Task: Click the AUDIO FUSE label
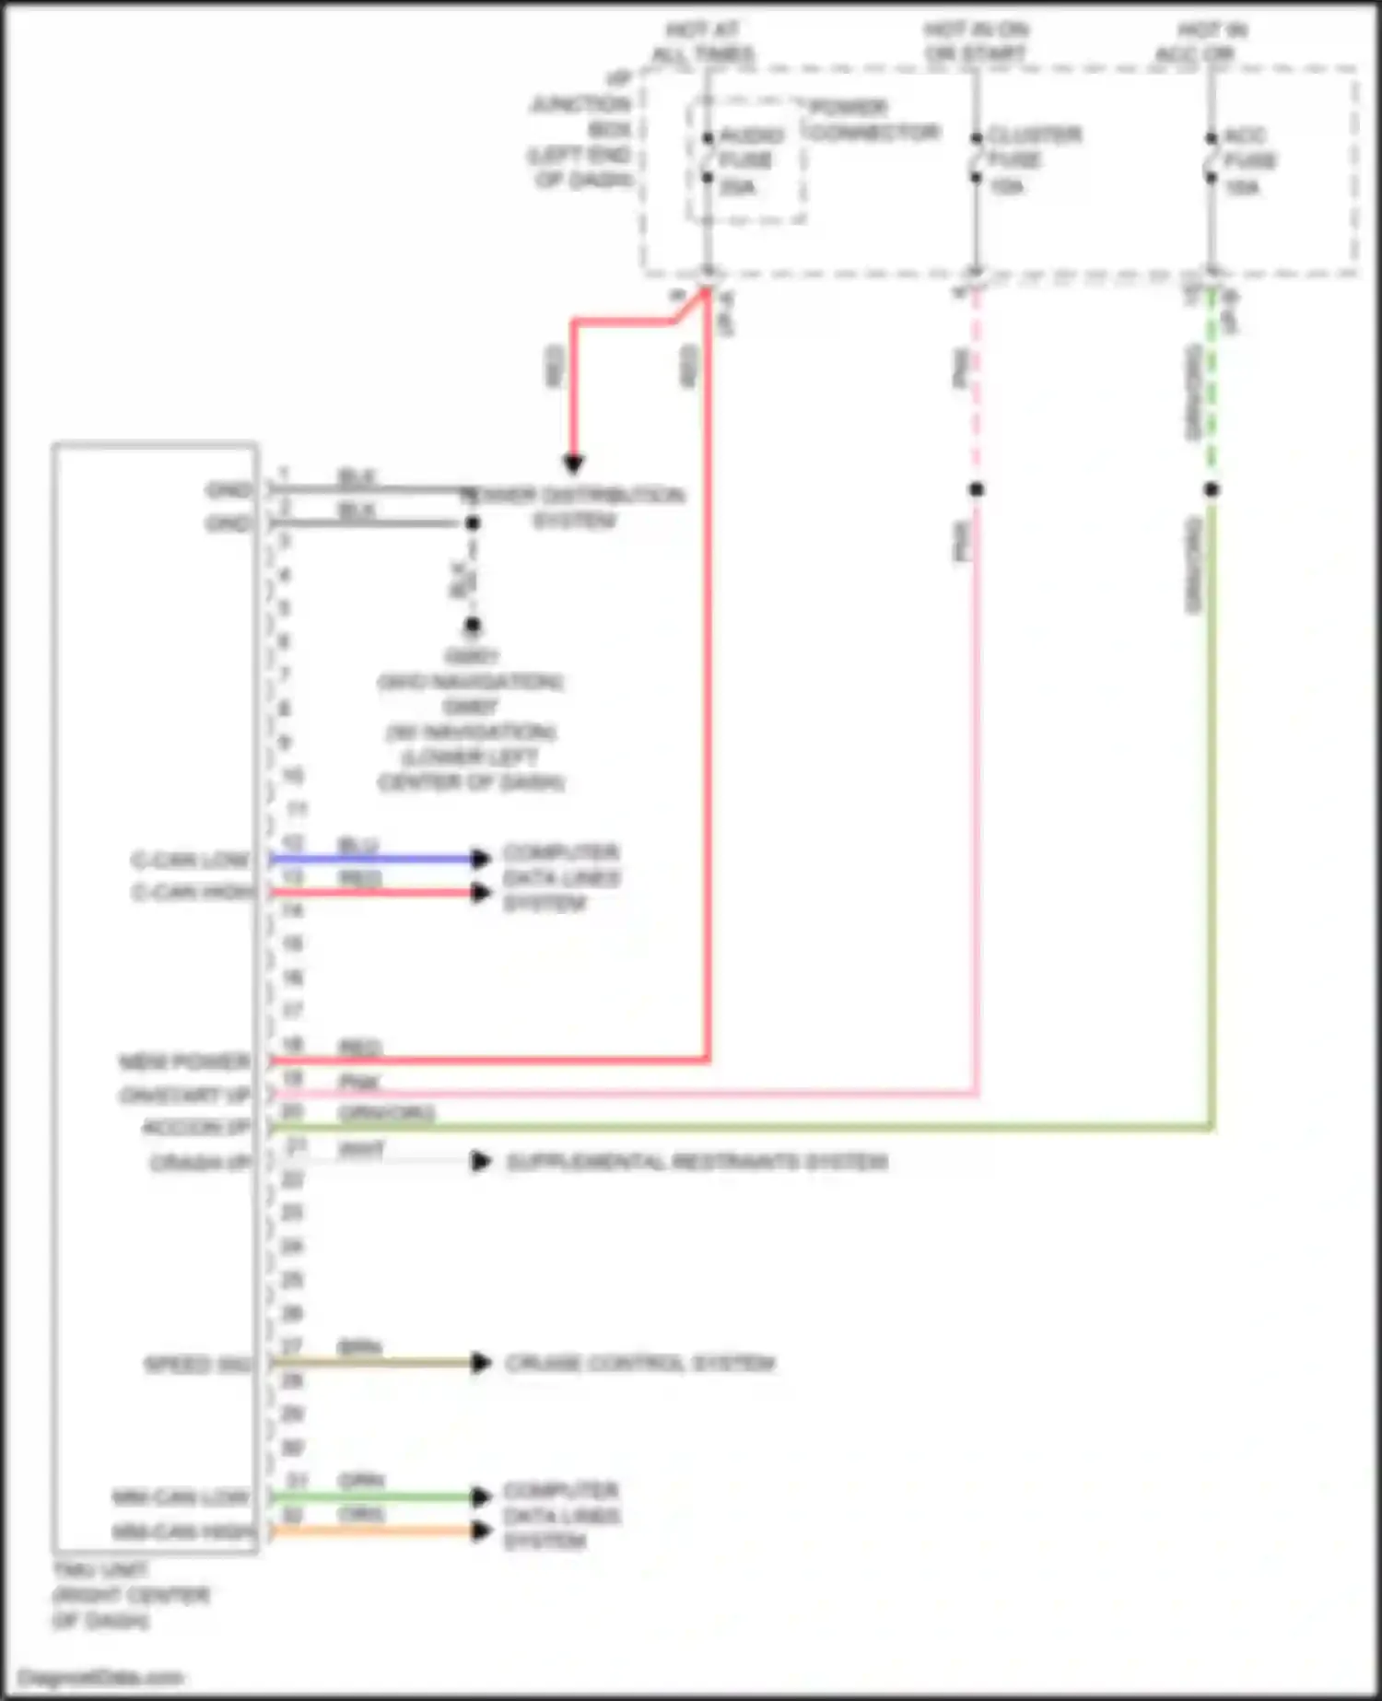pyautogui.click(x=748, y=160)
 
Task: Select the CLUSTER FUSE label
pyautogui.click(x=1032, y=160)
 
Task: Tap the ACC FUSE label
pyautogui.click(x=1248, y=160)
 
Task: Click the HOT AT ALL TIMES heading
pyautogui.click(x=703, y=42)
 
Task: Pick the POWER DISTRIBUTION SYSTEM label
pyautogui.click(x=574, y=508)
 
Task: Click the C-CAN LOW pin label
pyautogui.click(x=190, y=861)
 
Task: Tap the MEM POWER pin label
pyautogui.click(x=184, y=1062)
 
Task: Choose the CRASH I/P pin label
pyautogui.click(x=200, y=1163)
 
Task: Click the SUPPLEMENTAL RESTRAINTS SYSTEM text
pyautogui.click(x=697, y=1161)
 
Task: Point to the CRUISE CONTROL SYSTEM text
pyautogui.click(x=640, y=1363)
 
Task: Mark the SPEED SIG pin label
pyautogui.click(x=197, y=1365)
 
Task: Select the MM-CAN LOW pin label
pyautogui.click(x=181, y=1497)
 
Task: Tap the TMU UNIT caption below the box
pyautogui.click(x=130, y=1595)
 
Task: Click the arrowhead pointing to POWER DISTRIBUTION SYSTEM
pyautogui.click(x=573, y=463)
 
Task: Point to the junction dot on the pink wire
pyautogui.click(x=977, y=489)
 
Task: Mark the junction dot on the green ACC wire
pyautogui.click(x=1212, y=489)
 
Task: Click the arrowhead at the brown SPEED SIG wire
pyautogui.click(x=480, y=1363)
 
